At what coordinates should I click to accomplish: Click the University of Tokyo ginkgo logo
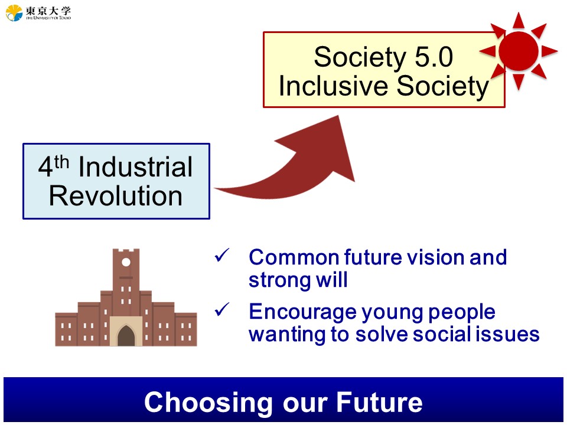point(14,12)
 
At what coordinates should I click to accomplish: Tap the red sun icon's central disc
point(518,51)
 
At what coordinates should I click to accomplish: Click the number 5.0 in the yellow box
point(434,57)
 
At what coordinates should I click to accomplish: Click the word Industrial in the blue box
point(136,167)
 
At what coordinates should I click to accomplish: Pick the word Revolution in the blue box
point(116,196)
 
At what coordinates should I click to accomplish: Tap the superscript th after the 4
point(61,162)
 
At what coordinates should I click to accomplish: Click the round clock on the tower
point(126,262)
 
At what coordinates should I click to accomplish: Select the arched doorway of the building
point(126,336)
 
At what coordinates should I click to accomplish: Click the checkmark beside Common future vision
point(222,255)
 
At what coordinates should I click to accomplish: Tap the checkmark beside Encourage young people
point(222,309)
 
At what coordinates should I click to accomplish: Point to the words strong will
point(298,280)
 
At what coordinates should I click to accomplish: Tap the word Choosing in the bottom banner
point(208,402)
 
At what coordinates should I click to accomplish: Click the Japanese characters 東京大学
point(48,10)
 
